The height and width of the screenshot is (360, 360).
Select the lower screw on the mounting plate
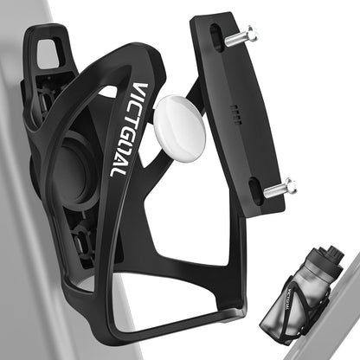279,186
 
